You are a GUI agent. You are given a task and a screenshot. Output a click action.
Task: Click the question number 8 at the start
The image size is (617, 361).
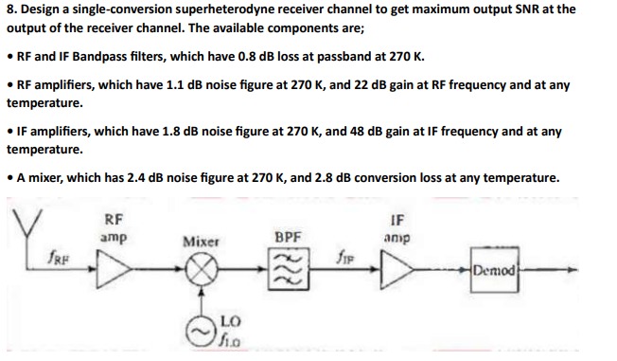pyautogui.click(x=10, y=10)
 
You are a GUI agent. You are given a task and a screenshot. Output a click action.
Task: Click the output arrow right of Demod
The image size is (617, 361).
pyautogui.click(x=554, y=269)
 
